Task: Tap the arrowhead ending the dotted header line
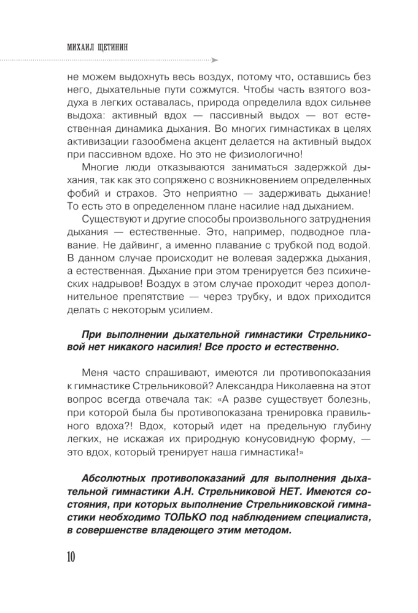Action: click(214, 61)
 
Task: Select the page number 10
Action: click(67, 557)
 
